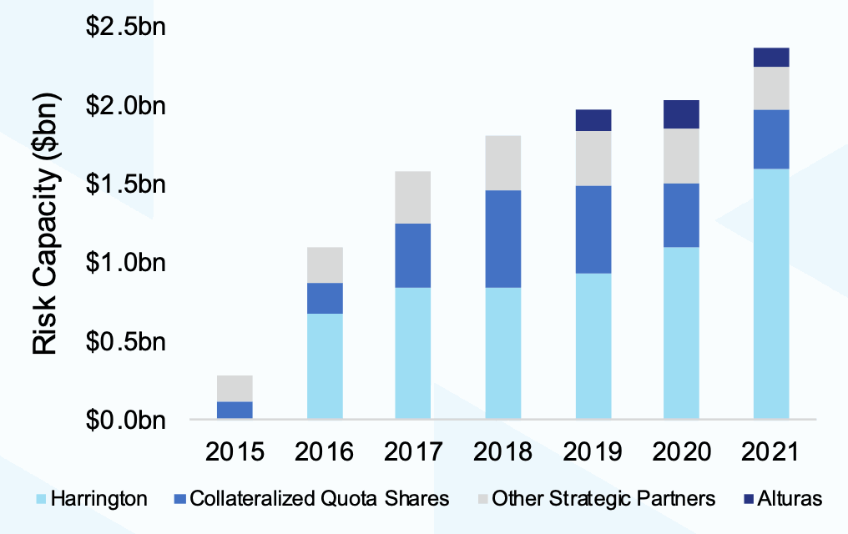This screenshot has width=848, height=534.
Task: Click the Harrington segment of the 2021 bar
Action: pos(771,293)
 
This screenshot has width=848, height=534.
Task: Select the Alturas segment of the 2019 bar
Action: pos(593,120)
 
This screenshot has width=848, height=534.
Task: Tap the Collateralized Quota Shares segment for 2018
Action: pos(503,239)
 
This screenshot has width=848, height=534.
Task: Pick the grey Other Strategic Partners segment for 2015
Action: pos(235,388)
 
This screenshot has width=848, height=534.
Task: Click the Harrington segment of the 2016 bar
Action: pos(325,365)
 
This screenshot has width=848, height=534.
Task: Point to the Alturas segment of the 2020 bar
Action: pos(681,114)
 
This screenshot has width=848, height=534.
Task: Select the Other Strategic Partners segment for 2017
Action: pos(413,197)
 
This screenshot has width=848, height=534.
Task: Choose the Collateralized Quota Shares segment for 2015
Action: pos(235,410)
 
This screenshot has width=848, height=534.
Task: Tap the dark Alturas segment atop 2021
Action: pos(771,57)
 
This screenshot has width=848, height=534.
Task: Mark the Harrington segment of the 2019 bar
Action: pos(593,345)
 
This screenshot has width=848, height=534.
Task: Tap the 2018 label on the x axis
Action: pos(503,453)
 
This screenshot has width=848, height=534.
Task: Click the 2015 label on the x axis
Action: pos(235,453)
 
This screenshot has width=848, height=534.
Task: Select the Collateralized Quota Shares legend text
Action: pos(320,499)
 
